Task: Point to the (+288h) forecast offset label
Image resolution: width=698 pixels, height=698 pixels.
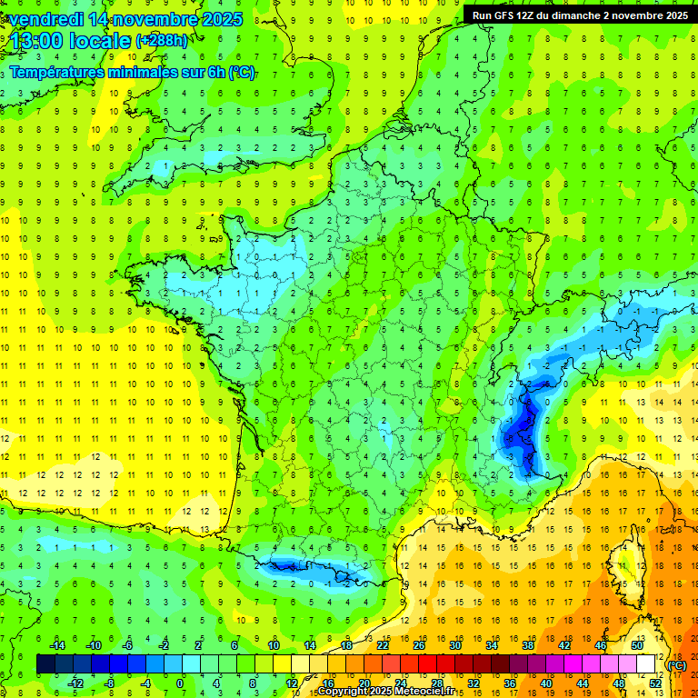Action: (x=164, y=41)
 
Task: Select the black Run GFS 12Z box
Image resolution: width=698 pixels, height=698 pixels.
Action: (x=578, y=15)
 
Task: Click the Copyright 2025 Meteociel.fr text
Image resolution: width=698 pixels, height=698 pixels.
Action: (x=386, y=692)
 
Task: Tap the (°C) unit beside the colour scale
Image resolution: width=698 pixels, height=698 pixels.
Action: (x=677, y=665)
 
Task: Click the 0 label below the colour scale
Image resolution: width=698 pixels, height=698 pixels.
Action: (x=180, y=683)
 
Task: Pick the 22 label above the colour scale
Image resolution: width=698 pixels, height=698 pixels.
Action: (x=384, y=645)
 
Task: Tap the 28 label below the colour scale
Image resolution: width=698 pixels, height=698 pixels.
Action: (x=437, y=683)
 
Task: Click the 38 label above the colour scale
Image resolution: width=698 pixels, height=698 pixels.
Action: (x=527, y=645)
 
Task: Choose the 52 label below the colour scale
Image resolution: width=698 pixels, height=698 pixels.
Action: (x=655, y=683)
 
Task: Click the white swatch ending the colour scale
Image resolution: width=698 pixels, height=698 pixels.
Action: (x=646, y=664)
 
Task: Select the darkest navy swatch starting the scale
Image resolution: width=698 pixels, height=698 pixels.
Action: (x=45, y=664)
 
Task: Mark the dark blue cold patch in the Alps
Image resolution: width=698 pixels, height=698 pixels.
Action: (x=521, y=427)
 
